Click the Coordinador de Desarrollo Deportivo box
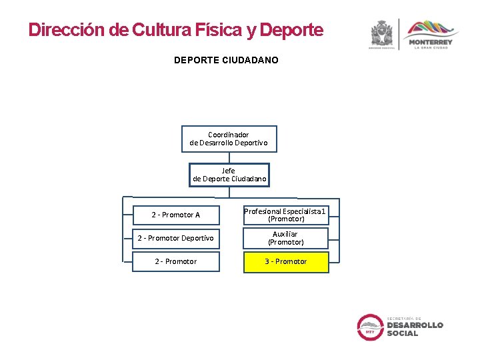pyautogui.click(x=229, y=139)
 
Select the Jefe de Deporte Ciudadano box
pyautogui.click(x=229, y=175)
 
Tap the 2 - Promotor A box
pyautogui.click(x=176, y=215)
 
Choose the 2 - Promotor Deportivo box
pyautogui.click(x=176, y=238)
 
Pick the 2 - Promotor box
pyautogui.click(x=176, y=261)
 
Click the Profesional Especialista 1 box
pyautogui.click(x=286, y=215)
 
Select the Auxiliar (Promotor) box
pyautogui.click(x=286, y=238)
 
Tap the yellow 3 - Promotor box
pyautogui.click(x=286, y=261)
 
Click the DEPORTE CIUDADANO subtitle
pyautogui.click(x=226, y=60)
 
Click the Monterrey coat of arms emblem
pyautogui.click(x=382, y=33)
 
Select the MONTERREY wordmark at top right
pyautogui.click(x=430, y=43)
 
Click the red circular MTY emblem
pyautogui.click(x=370, y=327)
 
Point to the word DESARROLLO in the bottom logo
pyautogui.click(x=415, y=325)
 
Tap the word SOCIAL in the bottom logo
pyautogui.click(x=403, y=333)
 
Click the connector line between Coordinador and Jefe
pyautogui.click(x=229, y=157)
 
